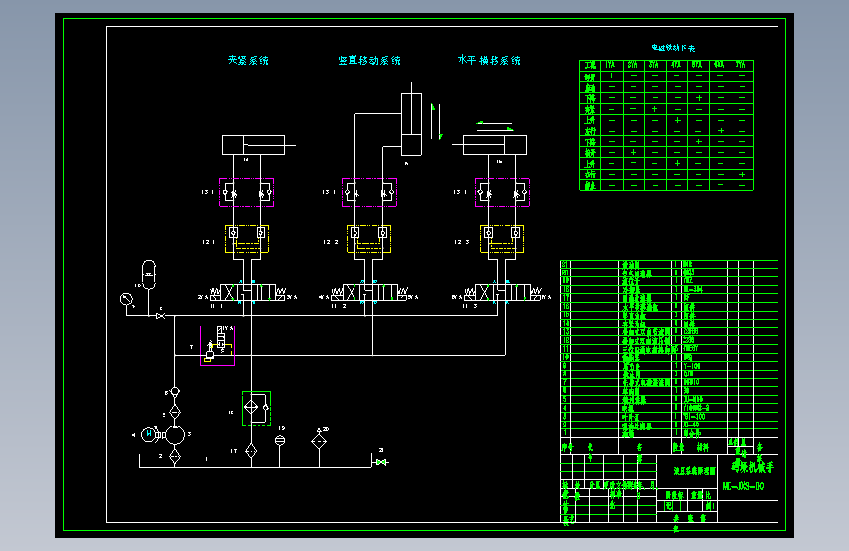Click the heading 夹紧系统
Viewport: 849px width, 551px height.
click(248, 61)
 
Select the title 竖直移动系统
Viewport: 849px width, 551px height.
click(369, 61)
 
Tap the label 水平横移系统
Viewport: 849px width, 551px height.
click(490, 61)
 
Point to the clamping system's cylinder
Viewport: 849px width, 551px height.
click(254, 144)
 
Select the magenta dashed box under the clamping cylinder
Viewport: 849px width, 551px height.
click(247, 192)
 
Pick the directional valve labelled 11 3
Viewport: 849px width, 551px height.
click(500, 293)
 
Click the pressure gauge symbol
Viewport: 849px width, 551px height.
click(126, 298)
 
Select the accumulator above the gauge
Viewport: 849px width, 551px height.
click(149, 271)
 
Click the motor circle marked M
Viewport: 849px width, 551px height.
click(149, 433)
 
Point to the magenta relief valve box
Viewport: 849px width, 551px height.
click(217, 345)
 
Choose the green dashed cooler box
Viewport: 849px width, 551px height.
click(257, 408)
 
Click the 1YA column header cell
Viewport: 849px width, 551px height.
click(611, 65)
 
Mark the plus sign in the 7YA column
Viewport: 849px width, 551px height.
click(742, 175)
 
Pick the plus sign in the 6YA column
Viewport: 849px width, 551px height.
click(721, 130)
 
